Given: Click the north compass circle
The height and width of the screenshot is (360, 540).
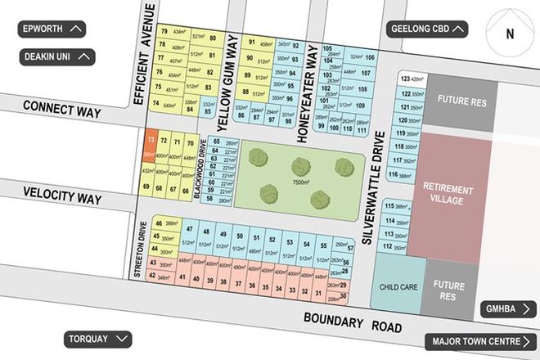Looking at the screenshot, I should tap(509, 34).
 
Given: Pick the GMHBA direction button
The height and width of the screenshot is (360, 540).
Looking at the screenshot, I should tap(506, 309).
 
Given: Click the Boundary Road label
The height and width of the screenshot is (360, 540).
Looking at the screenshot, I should tap(353, 322).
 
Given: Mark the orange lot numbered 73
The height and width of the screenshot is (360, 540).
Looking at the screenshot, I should tap(150, 146).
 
